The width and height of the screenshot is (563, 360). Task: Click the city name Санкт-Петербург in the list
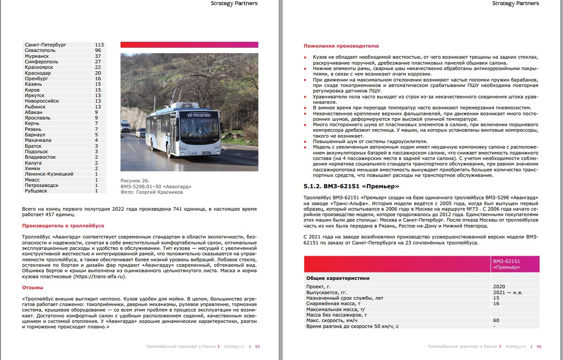click(46, 45)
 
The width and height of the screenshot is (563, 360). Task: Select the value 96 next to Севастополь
click(98, 50)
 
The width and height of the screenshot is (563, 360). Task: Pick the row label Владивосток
click(40, 157)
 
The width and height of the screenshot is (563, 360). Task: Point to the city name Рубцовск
click(36, 191)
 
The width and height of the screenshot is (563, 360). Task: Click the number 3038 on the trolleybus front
click(206, 153)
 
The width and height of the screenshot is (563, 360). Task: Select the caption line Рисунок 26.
click(135, 181)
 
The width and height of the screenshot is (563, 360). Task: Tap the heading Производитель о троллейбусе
click(63, 226)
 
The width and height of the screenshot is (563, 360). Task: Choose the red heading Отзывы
click(32, 287)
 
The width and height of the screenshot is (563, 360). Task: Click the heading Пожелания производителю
click(341, 46)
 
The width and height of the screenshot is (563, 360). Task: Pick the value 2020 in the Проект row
click(500, 286)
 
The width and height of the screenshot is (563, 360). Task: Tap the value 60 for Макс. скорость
click(496, 320)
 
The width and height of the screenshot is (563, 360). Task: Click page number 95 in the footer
click(258, 346)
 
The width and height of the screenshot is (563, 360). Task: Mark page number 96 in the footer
click(539, 346)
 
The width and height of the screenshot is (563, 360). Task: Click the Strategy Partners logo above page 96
click(516, 3)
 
